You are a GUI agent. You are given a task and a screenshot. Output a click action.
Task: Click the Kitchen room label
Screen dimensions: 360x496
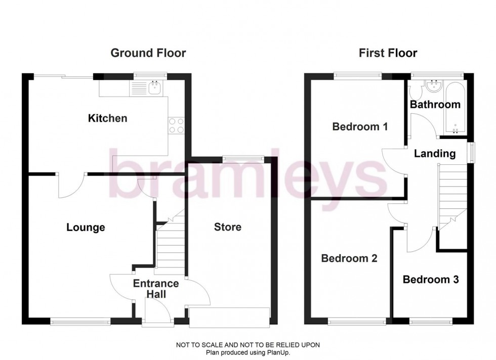(107, 118)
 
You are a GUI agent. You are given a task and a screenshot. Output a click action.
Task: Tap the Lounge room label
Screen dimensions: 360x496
(86, 228)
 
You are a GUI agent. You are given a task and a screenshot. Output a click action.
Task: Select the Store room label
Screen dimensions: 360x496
(228, 227)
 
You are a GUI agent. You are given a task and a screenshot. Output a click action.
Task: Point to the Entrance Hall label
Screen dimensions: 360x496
(156, 289)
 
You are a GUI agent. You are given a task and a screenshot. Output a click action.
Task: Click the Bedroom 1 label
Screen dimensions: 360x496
(360, 126)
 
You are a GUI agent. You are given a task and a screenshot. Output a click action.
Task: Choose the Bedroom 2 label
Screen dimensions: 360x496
(349, 258)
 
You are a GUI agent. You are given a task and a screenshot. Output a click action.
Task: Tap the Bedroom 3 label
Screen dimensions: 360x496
(431, 279)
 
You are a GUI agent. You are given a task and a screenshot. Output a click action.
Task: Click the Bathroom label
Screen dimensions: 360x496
(435, 105)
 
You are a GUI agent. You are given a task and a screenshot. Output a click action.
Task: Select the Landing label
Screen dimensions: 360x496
(435, 153)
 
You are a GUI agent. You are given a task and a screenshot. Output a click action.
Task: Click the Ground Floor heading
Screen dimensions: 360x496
(148, 53)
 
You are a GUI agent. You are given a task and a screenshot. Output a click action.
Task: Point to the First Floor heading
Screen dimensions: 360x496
(388, 53)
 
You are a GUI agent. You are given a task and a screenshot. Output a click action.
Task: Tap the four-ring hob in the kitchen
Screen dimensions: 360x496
(175, 125)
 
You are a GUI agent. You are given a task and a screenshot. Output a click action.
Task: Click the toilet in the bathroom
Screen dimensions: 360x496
(415, 92)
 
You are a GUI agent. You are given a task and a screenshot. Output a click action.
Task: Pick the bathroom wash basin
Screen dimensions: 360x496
(433, 86)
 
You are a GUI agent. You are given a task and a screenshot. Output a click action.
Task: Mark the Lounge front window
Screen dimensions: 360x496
(80, 320)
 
